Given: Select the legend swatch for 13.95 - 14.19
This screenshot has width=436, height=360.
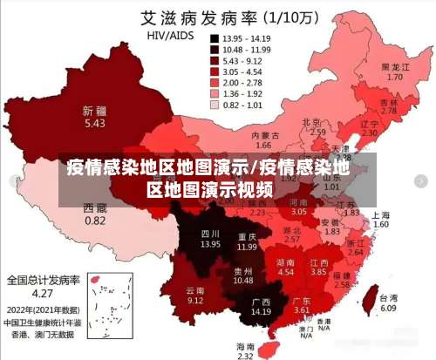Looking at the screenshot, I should (214, 39).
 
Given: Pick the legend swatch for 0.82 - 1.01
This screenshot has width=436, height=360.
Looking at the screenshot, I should (214, 105).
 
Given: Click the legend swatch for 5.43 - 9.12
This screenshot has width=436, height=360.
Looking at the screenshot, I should (214, 61).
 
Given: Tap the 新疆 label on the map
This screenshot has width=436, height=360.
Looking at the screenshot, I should (94, 112).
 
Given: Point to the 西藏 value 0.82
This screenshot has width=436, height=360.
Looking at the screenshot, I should (95, 221).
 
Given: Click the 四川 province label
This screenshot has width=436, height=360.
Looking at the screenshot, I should (210, 234).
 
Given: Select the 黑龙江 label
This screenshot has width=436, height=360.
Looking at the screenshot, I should (395, 66).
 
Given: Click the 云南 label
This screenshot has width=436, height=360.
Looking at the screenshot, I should (195, 289).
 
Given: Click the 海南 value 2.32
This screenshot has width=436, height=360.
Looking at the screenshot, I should (246, 356).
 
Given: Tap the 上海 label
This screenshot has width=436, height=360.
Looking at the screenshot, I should (380, 214).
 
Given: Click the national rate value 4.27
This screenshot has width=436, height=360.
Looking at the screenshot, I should (44, 293).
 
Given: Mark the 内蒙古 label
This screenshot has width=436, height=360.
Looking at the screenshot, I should (265, 136).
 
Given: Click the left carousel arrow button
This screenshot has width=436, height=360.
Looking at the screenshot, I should (10, 180).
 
